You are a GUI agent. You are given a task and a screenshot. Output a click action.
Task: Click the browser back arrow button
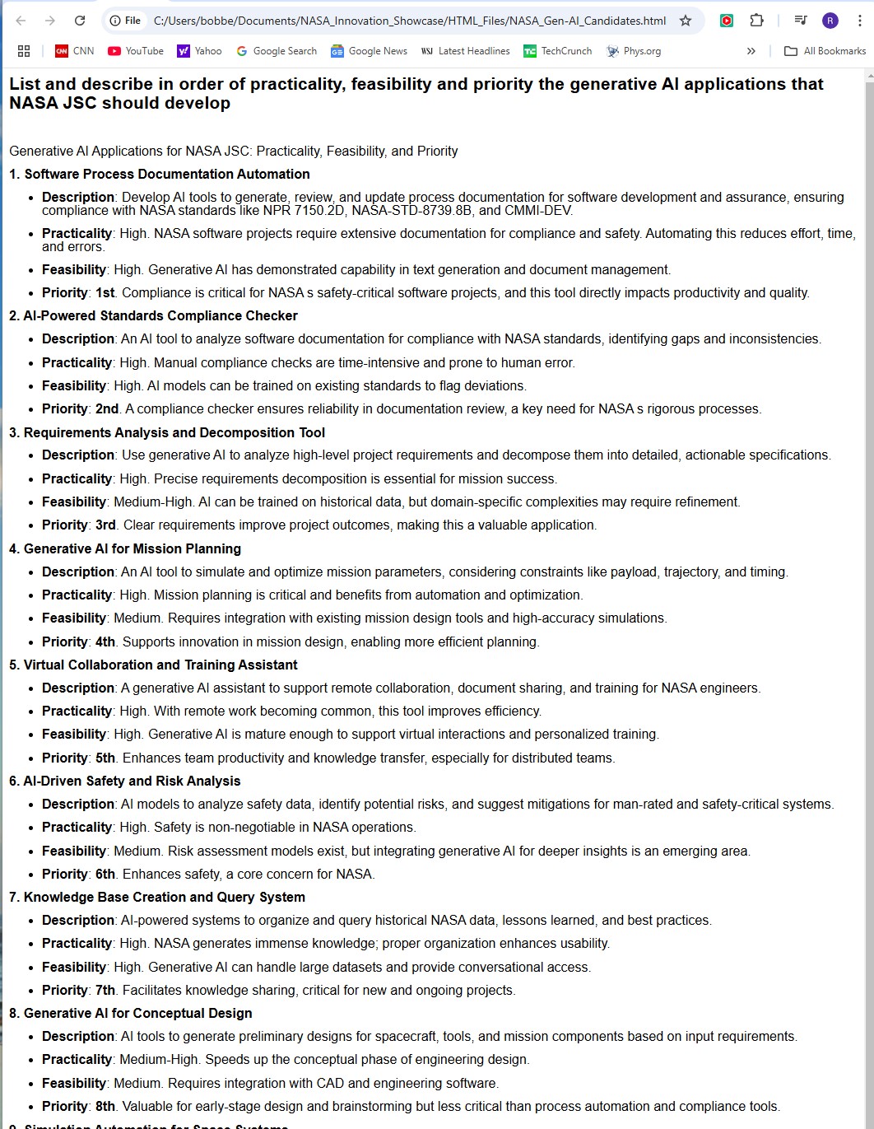(x=21, y=21)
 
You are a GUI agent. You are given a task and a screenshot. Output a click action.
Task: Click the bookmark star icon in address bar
(x=686, y=21)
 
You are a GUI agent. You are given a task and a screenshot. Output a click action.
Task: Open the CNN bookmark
(x=75, y=51)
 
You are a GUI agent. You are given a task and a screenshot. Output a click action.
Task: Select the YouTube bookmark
(x=136, y=51)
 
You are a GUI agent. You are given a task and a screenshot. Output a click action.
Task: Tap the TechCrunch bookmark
(x=558, y=51)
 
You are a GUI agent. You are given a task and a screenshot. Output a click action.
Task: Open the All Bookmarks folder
(x=825, y=51)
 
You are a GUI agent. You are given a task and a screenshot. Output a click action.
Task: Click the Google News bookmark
(x=370, y=51)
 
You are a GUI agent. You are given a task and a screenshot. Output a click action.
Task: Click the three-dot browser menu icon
(x=860, y=21)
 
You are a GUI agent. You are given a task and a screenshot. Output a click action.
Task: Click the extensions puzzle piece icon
(x=756, y=21)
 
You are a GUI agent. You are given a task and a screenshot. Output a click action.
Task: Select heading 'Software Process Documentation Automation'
(x=167, y=175)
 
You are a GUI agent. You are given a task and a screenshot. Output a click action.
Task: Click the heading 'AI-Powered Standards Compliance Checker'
(x=160, y=316)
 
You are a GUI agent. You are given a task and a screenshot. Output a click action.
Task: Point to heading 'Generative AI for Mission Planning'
(x=132, y=549)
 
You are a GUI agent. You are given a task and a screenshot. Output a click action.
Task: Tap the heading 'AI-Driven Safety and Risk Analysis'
(x=132, y=781)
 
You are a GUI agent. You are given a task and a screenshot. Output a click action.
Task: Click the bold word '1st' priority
(x=105, y=293)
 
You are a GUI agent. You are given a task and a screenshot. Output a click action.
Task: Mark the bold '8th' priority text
(x=105, y=1107)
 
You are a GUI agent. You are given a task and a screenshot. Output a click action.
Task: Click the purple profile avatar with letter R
(x=830, y=21)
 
